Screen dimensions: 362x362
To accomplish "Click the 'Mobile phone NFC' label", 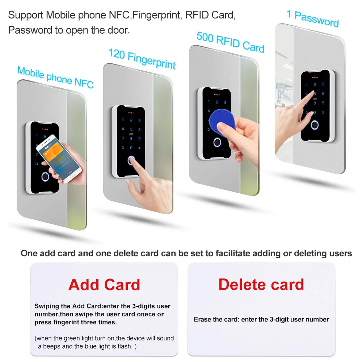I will [55, 77].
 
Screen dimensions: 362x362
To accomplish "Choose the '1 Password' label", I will [313, 19].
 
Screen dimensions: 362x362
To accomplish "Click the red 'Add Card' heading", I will [104, 285].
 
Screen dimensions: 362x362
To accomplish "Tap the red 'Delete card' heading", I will [261, 285].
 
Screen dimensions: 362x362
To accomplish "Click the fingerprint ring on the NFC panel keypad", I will [45, 177].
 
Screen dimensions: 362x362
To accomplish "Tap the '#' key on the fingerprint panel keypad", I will [140, 148].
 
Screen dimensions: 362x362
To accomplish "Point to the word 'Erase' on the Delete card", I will [203, 319].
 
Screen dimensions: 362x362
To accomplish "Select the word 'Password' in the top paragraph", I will [25, 30].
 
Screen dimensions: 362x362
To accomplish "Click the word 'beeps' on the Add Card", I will [54, 346].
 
